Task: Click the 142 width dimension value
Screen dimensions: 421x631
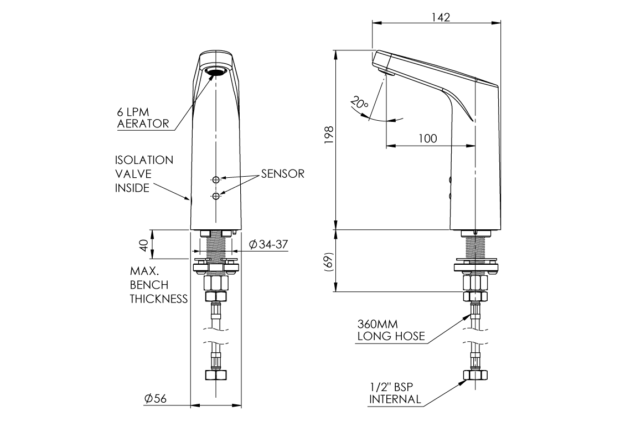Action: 440,17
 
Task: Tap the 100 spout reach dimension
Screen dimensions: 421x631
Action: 427,138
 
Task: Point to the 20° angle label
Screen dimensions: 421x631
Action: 359,103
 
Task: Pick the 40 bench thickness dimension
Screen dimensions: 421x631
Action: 144,244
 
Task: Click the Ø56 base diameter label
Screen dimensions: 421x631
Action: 156,399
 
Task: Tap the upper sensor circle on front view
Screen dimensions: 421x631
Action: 215,179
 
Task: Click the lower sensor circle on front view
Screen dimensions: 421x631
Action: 215,195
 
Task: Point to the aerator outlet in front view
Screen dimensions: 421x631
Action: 215,71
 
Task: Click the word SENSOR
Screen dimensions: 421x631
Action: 282,174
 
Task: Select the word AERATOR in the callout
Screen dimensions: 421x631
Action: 143,124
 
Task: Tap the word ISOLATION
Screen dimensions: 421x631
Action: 144,160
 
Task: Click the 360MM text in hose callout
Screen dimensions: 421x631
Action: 377,324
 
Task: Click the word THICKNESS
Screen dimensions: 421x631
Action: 158,299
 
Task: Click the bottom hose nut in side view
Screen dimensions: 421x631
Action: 474,375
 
